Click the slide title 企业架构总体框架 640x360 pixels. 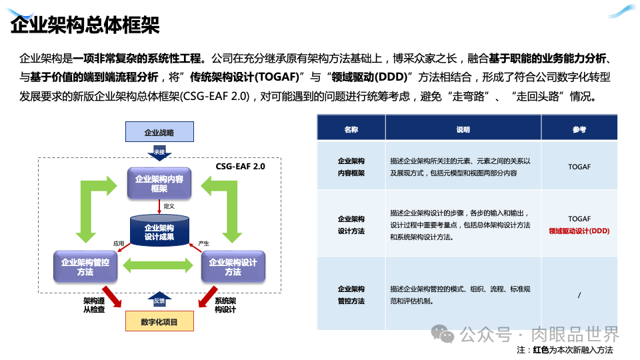point(85,25)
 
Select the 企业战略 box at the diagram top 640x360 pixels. point(159,132)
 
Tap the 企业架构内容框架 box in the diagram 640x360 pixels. point(159,183)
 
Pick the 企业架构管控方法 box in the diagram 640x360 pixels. point(85,267)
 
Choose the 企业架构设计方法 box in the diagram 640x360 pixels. point(233,267)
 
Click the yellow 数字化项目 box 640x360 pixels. point(159,322)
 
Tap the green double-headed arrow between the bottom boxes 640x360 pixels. point(159,267)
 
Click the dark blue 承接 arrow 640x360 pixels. point(159,152)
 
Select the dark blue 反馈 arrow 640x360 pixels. point(159,301)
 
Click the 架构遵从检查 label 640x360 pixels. point(95,305)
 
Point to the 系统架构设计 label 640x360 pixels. point(225,305)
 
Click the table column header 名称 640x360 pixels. point(351,129)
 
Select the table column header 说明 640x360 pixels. point(463,129)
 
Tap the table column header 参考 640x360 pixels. point(579,129)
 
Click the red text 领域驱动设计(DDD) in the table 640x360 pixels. point(579,231)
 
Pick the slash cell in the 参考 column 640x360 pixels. point(579,295)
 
